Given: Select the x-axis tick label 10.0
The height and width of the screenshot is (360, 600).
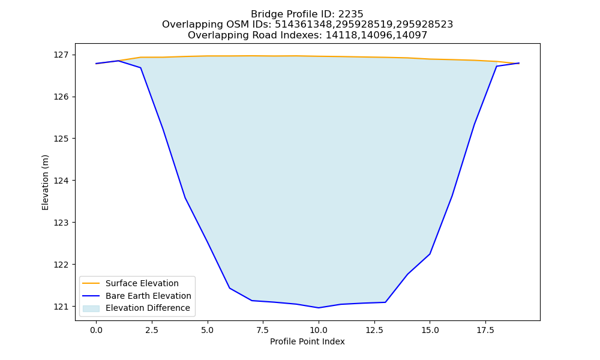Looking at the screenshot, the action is tap(319, 330).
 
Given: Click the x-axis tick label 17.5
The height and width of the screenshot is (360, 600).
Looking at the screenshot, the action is tap(485, 330).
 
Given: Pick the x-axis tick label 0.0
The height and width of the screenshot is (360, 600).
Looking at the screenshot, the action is tap(96, 330).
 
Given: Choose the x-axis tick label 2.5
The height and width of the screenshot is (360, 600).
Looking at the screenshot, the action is tap(152, 330).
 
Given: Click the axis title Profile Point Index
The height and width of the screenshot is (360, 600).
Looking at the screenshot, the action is tap(307, 341).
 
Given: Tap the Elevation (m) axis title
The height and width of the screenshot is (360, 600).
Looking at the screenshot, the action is tap(45, 182).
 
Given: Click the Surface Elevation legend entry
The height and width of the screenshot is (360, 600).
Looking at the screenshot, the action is tap(142, 283).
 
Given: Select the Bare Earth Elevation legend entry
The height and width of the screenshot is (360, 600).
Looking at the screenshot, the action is tap(148, 296).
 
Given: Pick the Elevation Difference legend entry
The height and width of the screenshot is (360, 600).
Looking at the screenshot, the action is tap(148, 308).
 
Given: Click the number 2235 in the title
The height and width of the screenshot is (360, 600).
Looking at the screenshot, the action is tap(350, 14).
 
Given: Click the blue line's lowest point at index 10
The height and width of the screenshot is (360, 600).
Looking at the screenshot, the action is tap(319, 308).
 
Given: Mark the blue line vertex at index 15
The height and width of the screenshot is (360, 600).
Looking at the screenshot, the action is tap(430, 254).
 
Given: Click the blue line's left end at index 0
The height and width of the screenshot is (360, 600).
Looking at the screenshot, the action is tap(96, 64).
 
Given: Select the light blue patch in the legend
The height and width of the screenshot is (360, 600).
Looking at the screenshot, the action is tap(91, 308).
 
